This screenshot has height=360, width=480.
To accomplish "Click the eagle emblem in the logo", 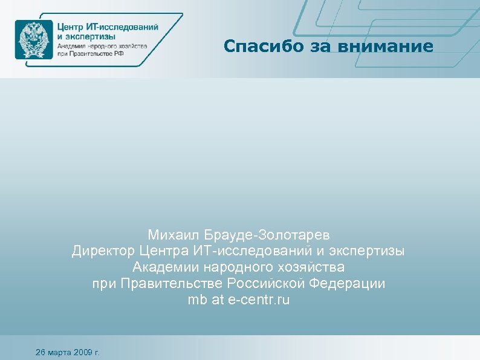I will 34,39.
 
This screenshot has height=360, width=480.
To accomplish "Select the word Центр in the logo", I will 71,27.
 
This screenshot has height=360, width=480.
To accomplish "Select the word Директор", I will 103,250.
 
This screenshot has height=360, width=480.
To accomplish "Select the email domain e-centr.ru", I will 259,299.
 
